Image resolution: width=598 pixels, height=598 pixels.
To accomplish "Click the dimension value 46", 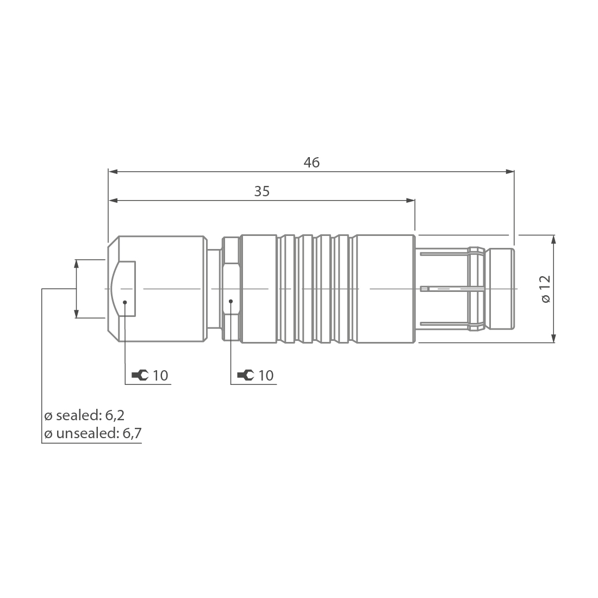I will (312, 162).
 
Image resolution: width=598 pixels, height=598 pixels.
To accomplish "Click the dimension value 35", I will (262, 191).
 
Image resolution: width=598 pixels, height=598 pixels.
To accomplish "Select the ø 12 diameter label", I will (545, 289).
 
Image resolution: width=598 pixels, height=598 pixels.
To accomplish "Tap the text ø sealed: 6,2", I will (84, 416).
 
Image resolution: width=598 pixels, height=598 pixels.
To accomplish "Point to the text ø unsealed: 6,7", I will (93, 433).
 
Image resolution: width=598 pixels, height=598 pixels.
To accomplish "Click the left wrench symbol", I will (140, 375).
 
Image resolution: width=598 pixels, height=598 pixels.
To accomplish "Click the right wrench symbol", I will (246, 375).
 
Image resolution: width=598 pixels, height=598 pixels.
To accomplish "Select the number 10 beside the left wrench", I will (160, 375).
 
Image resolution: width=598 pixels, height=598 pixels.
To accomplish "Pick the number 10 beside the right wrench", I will (266, 375).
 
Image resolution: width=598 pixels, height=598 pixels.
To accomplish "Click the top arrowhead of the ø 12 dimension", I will (553, 239).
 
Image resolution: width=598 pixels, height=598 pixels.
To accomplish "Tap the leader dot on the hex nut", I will (231, 301).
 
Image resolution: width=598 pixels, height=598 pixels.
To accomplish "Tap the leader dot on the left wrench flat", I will (126, 301).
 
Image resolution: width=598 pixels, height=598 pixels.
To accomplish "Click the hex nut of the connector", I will (231, 289).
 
